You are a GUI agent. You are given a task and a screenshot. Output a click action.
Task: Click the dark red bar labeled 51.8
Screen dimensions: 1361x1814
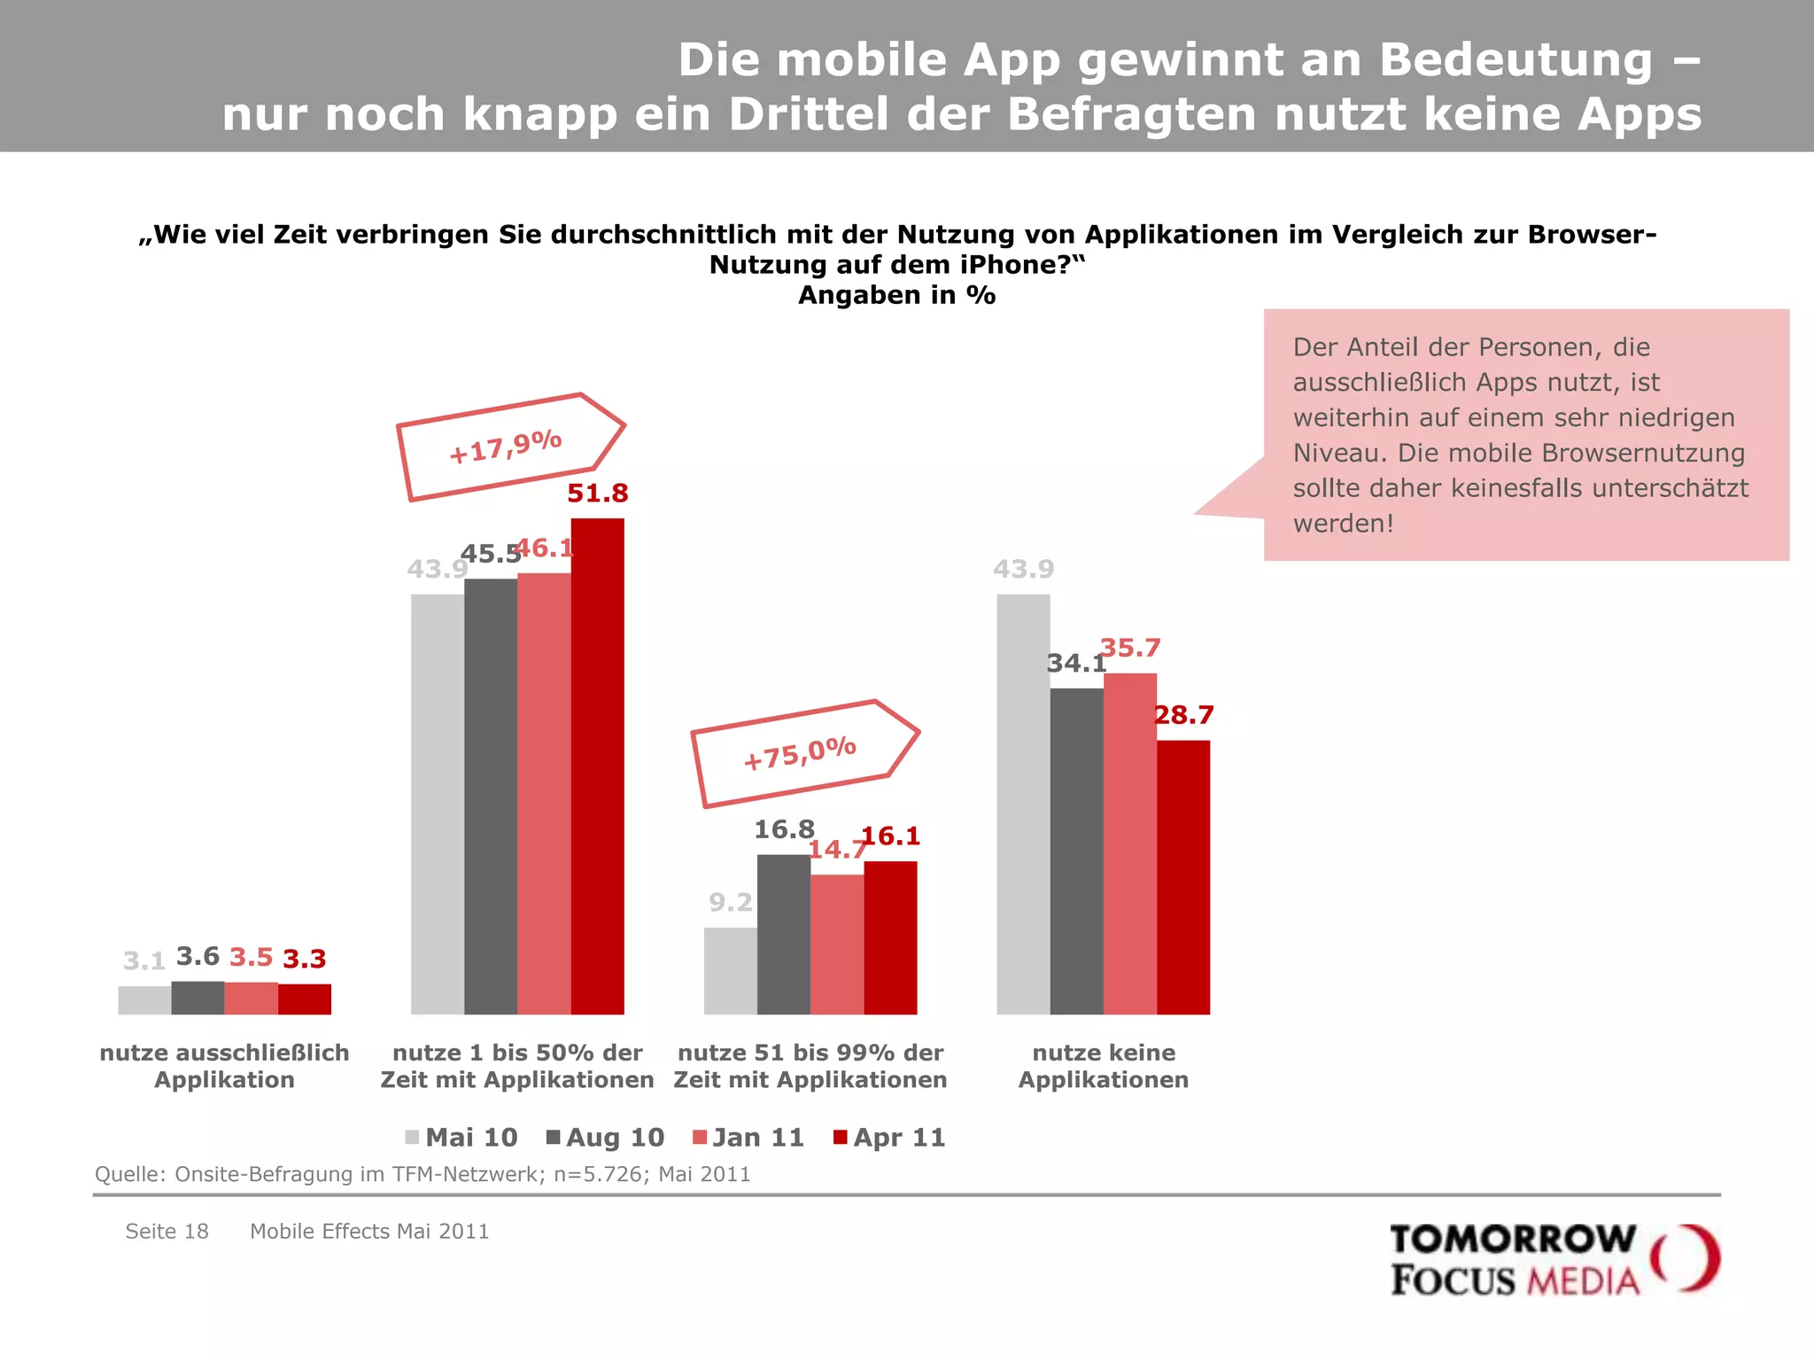[x=597, y=766]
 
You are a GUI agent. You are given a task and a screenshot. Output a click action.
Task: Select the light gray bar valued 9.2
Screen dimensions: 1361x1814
[x=730, y=970]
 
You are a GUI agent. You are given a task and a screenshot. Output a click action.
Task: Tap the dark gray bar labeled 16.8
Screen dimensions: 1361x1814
[x=783, y=934]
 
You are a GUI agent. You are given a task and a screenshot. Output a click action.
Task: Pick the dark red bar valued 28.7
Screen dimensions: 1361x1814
[x=1182, y=877]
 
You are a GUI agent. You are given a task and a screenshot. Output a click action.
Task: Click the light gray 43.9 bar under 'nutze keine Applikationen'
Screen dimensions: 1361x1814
[x=1023, y=804]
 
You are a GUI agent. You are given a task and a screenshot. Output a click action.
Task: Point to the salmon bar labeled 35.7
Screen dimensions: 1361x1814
[x=1129, y=844]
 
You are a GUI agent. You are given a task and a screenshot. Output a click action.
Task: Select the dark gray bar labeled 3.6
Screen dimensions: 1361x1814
[x=198, y=998]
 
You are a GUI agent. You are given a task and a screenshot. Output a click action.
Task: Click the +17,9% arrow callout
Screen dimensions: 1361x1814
[x=508, y=447]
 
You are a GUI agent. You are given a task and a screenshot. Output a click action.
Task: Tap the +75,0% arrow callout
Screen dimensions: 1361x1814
[x=802, y=753]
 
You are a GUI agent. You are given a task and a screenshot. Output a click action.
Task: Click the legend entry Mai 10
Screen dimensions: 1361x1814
[x=461, y=1138]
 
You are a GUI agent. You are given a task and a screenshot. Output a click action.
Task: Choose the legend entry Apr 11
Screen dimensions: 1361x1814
[x=889, y=1138]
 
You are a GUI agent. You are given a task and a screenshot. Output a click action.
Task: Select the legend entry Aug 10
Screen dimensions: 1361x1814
[x=606, y=1138]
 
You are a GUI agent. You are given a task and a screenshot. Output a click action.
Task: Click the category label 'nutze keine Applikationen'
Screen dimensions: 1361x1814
[x=1103, y=1066]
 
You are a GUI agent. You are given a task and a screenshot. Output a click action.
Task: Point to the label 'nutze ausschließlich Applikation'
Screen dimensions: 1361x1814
[x=224, y=1066]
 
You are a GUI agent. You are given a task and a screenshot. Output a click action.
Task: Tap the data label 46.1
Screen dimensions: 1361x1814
[x=544, y=548]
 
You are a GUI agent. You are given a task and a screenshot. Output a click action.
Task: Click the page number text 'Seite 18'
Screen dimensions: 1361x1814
[x=167, y=1232]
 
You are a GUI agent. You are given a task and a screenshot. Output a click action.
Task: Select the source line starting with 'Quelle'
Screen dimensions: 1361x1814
[x=422, y=1174]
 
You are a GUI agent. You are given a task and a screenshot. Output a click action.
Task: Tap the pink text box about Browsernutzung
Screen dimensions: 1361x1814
[x=1525, y=434]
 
